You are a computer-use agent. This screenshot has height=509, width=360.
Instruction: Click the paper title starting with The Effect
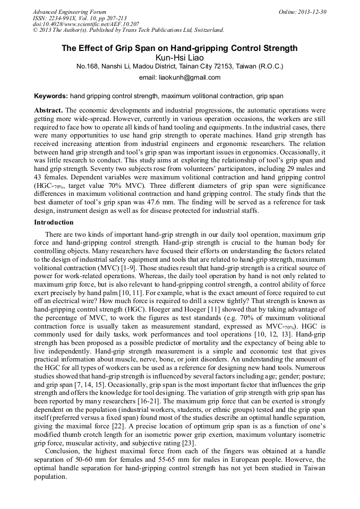coord(179,48)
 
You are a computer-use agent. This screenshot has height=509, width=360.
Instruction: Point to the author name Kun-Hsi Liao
coord(179,57)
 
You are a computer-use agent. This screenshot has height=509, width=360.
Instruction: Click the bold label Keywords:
coord(51,97)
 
